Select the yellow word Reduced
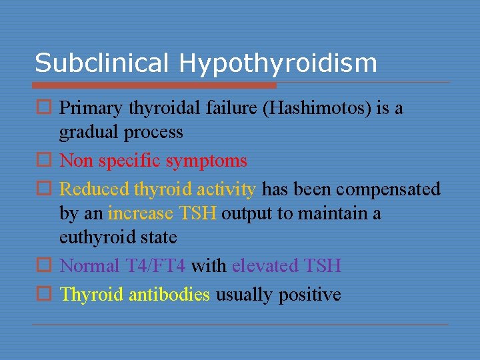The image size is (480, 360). pos(94,189)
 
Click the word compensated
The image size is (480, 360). pos(388,189)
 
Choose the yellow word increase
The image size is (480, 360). pos(141,214)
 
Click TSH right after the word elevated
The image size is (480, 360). pos(322,266)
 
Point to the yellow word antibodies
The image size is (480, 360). pos(169,295)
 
